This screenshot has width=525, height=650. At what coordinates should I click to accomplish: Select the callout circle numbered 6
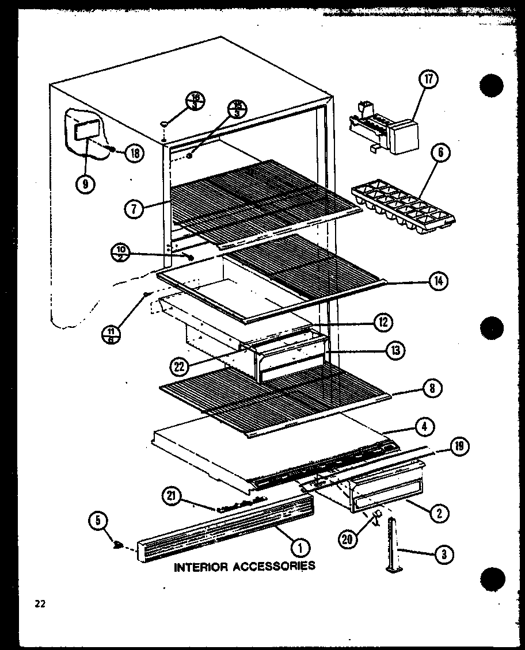pyautogui.click(x=440, y=153)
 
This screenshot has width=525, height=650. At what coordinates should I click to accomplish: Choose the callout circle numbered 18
pyautogui.click(x=134, y=153)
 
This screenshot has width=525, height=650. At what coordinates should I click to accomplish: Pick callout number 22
pyautogui.click(x=180, y=365)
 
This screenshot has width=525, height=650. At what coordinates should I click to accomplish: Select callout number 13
pyautogui.click(x=395, y=350)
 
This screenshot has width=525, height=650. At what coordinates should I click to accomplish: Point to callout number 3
pyautogui.click(x=444, y=554)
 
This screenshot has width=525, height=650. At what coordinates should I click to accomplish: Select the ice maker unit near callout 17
pyautogui.click(x=382, y=129)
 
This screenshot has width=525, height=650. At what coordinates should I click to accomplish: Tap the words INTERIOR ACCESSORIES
pyautogui.click(x=245, y=566)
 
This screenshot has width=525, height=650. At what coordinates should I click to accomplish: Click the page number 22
pyautogui.click(x=40, y=603)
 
